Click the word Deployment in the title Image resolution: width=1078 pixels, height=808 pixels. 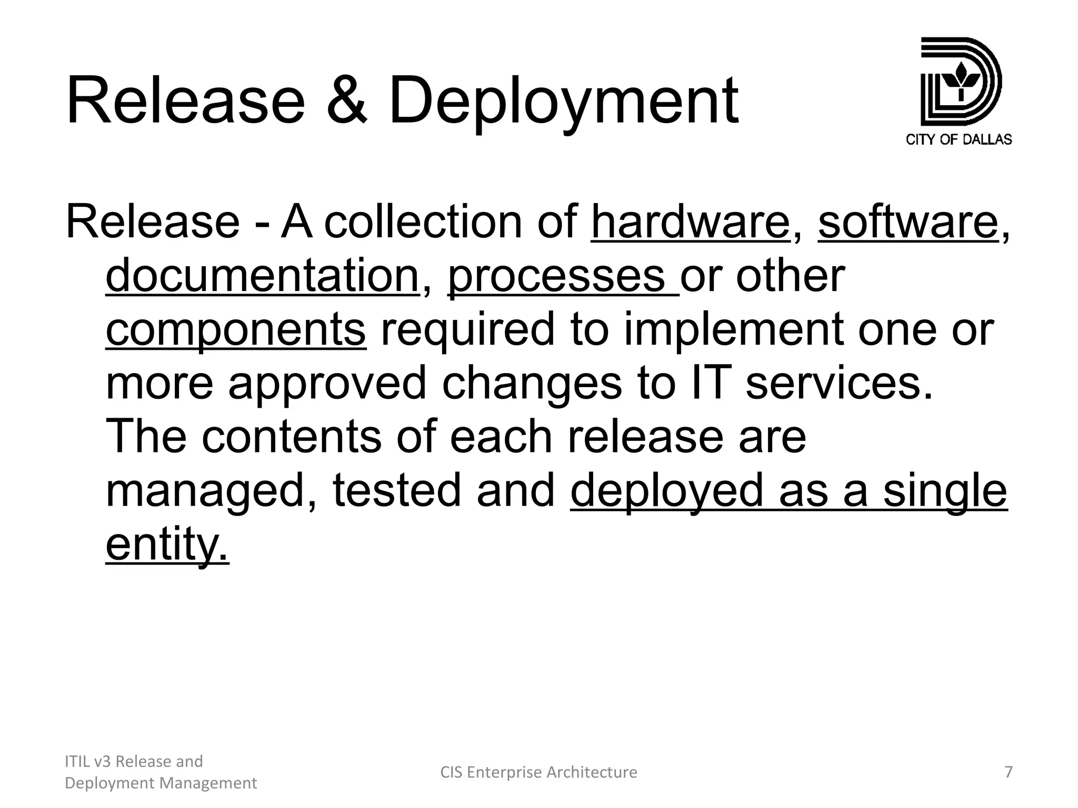pyautogui.click(x=563, y=101)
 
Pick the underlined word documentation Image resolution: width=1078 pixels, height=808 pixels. pyautogui.click(x=262, y=276)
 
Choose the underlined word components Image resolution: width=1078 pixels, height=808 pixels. pyautogui.click(x=236, y=330)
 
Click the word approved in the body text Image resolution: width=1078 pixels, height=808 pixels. pyautogui.click(x=327, y=384)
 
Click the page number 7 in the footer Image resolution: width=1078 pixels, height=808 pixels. pyautogui.click(x=1008, y=772)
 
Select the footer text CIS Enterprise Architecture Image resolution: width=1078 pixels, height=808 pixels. pyautogui.click(x=538, y=772)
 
